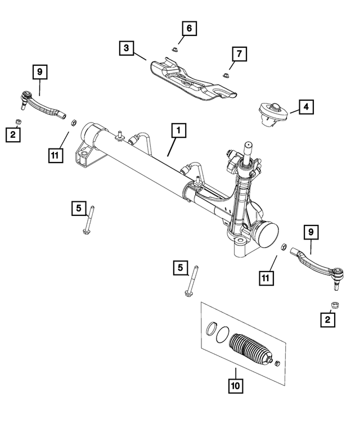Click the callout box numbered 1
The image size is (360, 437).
click(x=177, y=132)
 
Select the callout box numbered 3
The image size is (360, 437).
click(x=127, y=48)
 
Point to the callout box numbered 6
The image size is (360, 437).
click(x=189, y=28)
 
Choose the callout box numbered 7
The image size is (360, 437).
click(x=238, y=54)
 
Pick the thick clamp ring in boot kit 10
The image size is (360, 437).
click(x=211, y=330)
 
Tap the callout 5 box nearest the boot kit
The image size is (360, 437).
click(x=180, y=269)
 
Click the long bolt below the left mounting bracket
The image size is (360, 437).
click(x=90, y=222)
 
